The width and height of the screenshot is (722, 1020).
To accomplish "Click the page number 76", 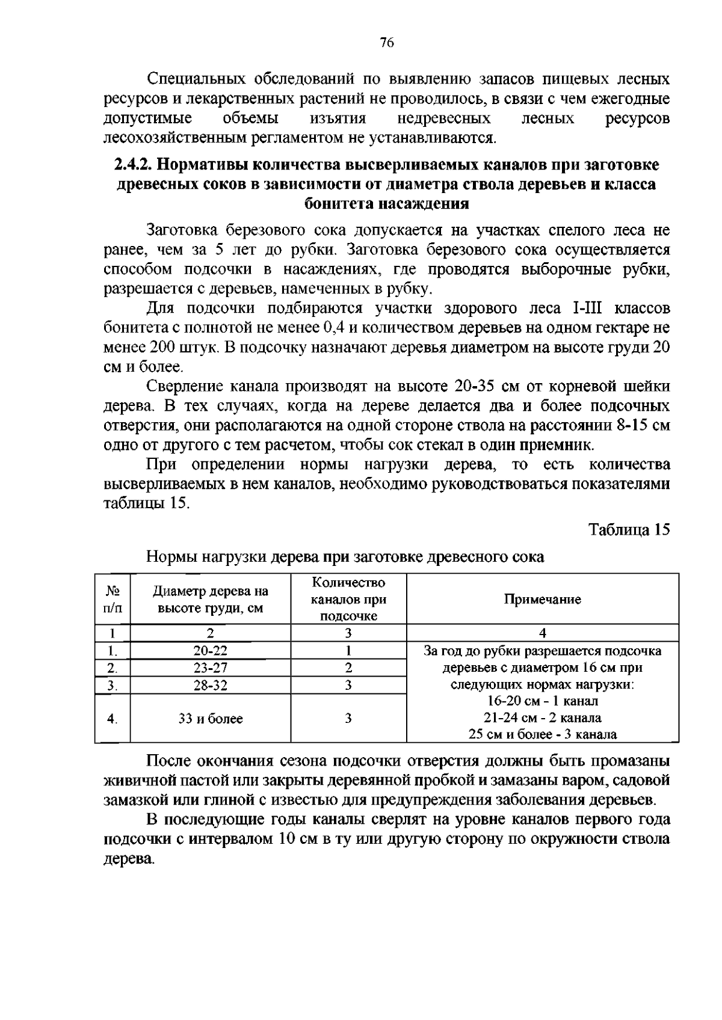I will click(x=387, y=42).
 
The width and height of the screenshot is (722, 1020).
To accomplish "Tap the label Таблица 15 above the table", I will click(x=629, y=530).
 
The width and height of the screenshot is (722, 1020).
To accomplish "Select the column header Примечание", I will click(x=542, y=599).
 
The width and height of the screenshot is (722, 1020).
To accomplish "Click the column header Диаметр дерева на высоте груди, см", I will click(x=210, y=599).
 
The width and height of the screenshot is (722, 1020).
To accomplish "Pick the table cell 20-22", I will click(x=210, y=651).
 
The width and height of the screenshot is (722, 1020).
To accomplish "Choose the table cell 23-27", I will click(x=210, y=668).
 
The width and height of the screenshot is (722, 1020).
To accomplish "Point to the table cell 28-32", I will click(x=210, y=685).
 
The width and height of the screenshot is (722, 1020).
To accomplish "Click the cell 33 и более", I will click(x=210, y=719).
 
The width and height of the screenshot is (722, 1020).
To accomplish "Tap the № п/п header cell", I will click(x=112, y=599).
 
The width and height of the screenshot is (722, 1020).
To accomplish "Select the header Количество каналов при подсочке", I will click(x=348, y=599).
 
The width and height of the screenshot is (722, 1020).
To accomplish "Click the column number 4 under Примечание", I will click(x=542, y=633).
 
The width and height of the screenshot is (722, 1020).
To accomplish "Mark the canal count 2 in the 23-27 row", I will click(x=348, y=668).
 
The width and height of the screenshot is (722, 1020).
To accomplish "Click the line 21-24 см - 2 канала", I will click(x=542, y=717).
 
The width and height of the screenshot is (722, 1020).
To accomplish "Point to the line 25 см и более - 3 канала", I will click(x=542, y=734).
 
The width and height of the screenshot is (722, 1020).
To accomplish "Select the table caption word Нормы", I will click(x=168, y=557).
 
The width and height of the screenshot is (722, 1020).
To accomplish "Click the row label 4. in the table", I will click(x=112, y=719).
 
